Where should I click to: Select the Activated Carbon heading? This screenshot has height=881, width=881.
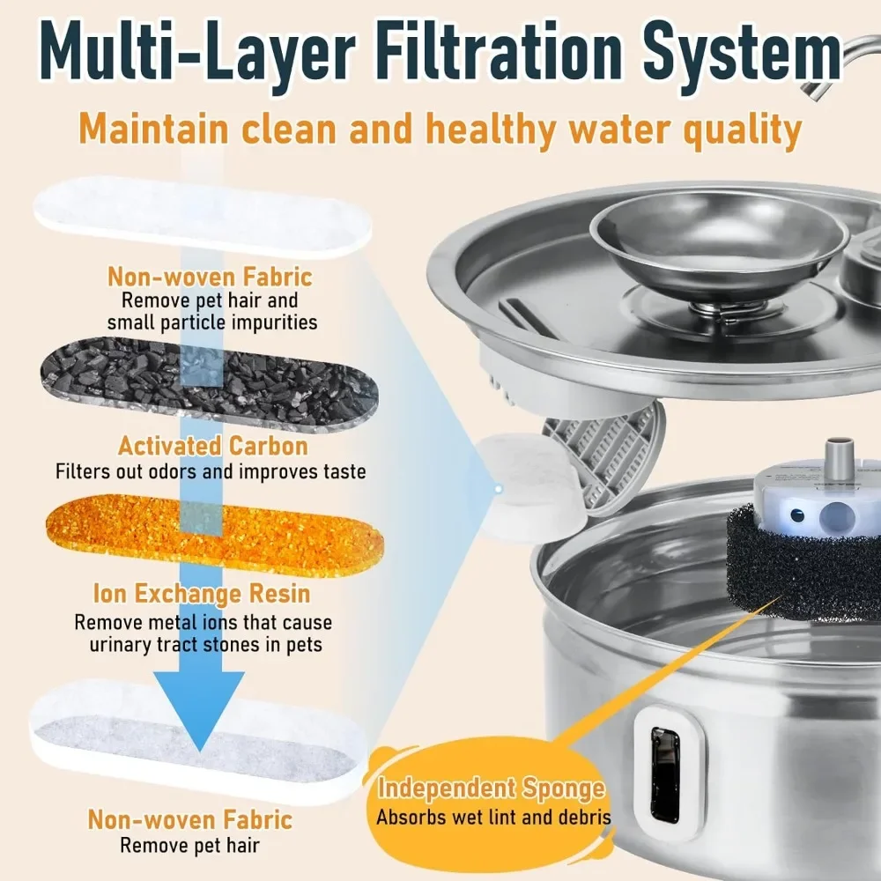coord(213,446)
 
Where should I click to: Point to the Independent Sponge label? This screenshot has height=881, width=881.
coord(491,788)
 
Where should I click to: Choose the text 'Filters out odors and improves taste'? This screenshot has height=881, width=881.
coord(210,472)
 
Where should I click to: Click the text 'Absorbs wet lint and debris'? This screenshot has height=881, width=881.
coord(493,817)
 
